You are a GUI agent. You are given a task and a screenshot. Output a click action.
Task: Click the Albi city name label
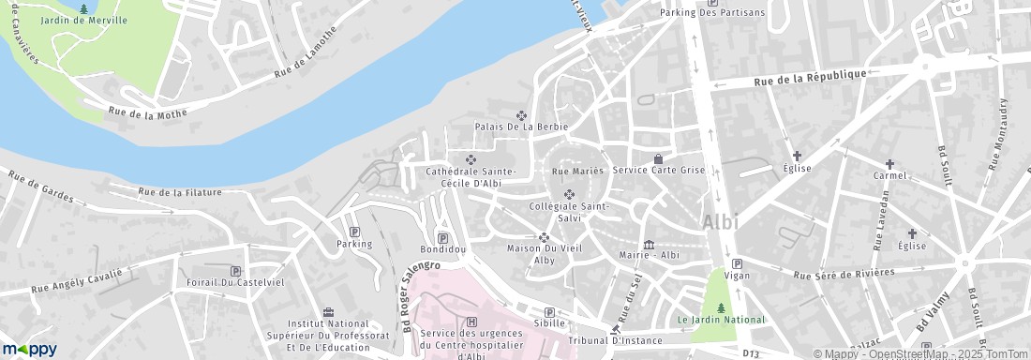pos(720,223)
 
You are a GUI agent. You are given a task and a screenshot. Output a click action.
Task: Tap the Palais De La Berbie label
pos(521,126)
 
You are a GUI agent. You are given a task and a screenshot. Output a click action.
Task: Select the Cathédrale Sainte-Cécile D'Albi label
pos(471,177)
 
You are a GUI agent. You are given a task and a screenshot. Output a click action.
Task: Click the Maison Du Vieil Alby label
pos(545,254)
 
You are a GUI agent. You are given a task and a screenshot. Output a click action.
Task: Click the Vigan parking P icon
pos(737,264)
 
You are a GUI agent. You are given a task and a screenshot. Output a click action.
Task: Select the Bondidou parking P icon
pos(442,238)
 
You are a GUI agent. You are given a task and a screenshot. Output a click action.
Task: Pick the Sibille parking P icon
pos(549,312)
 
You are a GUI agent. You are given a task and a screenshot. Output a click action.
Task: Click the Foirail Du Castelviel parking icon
pos(235,270)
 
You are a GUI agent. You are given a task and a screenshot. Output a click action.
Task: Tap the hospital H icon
pos(458,322)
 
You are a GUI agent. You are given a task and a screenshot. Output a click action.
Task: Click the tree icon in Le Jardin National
pos(721,307)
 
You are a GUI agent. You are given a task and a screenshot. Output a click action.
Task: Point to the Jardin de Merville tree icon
pos(84,9)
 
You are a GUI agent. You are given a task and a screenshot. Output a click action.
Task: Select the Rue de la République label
pos(811,80)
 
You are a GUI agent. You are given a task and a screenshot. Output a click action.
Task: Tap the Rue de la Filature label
pos(180,192)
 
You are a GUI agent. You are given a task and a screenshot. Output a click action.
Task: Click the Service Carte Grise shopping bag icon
pos(658,158)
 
